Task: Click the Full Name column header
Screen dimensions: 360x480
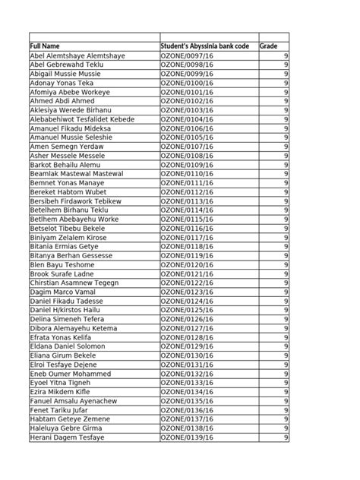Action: [46, 47]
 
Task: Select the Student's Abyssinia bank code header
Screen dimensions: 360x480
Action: [204, 47]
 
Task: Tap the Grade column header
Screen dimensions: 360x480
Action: [269, 47]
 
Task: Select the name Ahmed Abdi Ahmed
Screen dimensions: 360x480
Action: [62, 100]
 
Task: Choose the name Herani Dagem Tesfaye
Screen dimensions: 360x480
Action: [68, 437]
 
